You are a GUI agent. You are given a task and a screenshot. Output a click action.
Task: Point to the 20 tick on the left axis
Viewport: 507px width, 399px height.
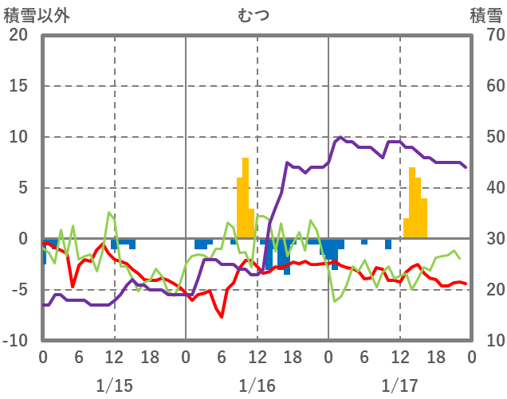point(18,35)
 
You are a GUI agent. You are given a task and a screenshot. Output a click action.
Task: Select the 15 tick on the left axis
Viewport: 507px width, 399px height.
point(18,86)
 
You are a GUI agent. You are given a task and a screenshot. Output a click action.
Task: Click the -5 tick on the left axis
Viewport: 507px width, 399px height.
point(18,290)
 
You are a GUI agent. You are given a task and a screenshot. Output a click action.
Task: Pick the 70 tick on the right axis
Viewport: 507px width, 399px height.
point(486,35)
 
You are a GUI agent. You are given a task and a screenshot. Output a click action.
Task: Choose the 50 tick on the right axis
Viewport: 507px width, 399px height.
point(486,137)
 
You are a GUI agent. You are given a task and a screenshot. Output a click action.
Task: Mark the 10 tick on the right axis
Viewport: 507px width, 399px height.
point(486,341)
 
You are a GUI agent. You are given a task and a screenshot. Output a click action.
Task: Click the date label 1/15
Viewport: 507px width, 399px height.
point(114,385)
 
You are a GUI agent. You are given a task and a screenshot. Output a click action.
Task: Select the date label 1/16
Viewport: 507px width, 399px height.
point(257,385)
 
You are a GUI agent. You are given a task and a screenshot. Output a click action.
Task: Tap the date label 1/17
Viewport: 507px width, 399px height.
point(399,385)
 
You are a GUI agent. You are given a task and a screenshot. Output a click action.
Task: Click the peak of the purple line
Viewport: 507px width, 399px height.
point(341,137)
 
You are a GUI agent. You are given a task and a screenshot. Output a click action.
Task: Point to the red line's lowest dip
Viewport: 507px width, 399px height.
point(222,316)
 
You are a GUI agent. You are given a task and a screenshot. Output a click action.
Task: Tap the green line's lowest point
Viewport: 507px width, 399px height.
point(335,301)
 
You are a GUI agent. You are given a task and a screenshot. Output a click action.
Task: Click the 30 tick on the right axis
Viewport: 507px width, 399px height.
point(486,239)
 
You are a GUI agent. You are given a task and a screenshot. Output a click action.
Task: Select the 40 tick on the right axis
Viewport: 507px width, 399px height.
point(486,188)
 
